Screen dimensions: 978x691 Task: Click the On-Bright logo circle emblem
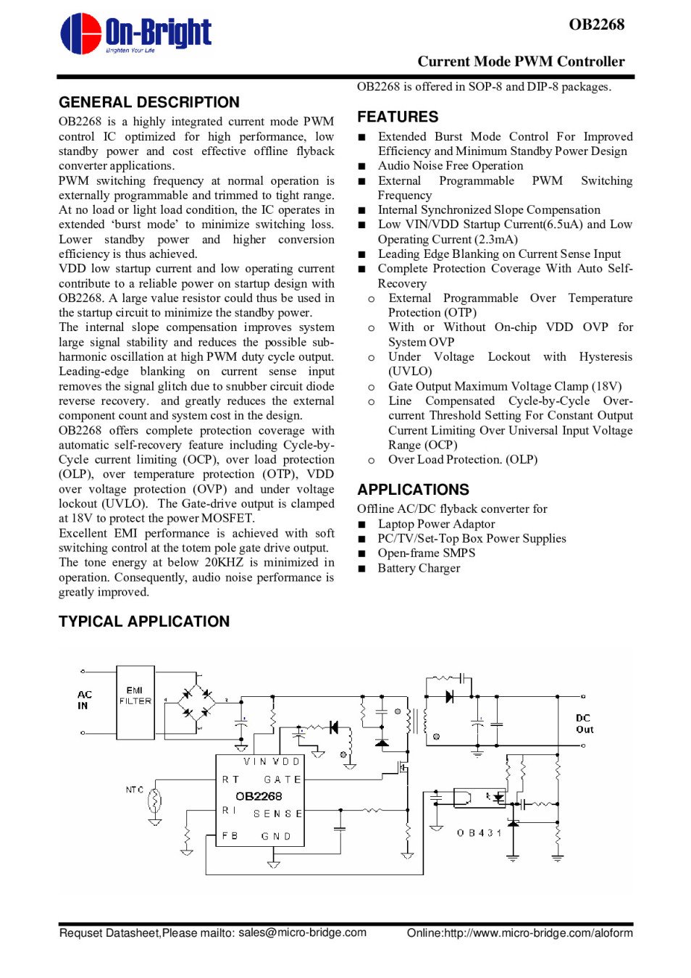pos(80,33)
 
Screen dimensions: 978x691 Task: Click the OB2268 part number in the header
pos(596,25)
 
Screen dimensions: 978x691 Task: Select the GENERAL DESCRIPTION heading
pos(149,102)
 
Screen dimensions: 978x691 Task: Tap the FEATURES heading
pos(398,117)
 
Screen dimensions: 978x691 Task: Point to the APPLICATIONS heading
pos(413,490)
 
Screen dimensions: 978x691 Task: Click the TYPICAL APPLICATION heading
pos(144,622)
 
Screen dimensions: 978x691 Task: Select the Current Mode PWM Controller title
pos(521,62)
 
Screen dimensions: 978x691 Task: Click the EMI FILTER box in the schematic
pos(135,702)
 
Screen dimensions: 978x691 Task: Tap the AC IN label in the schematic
pos(84,700)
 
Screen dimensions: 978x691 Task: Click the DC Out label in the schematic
pos(584,724)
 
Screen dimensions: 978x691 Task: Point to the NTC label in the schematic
pos(135,790)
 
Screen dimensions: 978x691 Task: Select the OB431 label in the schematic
pos(479,833)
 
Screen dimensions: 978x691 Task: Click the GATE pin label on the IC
pos(282,780)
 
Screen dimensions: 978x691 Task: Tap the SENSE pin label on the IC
pos(277,814)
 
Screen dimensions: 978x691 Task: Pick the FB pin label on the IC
pos(230,835)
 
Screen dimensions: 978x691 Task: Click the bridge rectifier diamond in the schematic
pos(197,700)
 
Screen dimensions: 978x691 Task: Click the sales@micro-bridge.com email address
pos(302,932)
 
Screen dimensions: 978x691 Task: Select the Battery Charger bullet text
pos(419,568)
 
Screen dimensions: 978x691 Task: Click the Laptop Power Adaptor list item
pos(436,524)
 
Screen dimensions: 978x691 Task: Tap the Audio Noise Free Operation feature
pos(450,166)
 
